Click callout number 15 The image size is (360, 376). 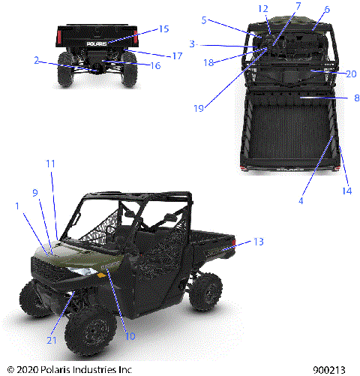pos(164,29)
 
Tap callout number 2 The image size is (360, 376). pos(36,59)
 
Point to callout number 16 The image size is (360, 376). pos(156,65)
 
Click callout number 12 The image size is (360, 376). pos(263,9)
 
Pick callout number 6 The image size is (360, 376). pos(326,9)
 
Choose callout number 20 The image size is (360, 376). pos(351,73)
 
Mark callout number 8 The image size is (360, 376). pos(355,98)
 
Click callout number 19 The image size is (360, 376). pos(198,108)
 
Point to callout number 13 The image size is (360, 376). pos(259,242)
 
